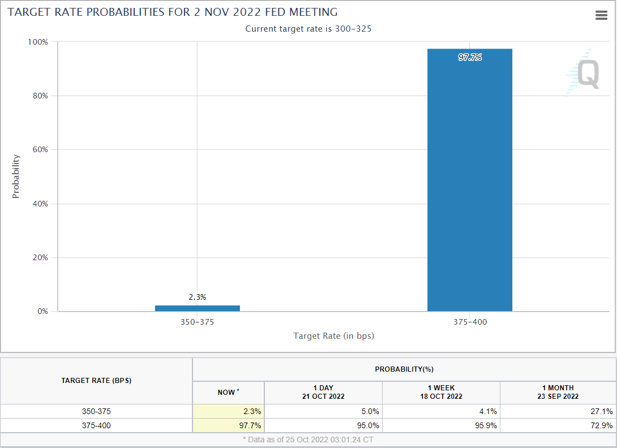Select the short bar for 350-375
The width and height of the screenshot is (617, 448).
pos(198,308)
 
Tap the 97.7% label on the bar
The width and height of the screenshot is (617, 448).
pos(470,57)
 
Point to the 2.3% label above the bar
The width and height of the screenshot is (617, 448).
pos(198,297)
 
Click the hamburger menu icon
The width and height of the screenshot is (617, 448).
pos(602,16)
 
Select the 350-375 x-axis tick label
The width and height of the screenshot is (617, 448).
pos(197,322)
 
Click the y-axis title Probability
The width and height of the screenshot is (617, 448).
pos(16,176)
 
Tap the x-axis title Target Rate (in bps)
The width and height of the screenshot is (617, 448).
pos(333,336)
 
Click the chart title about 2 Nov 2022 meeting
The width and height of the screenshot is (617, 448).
pos(173,12)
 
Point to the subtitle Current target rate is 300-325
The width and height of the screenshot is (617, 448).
pos(308,29)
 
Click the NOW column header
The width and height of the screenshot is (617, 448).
pos(229,392)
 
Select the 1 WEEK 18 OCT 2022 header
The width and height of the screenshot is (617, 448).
pos(441,392)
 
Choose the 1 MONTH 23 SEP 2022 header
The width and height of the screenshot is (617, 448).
pos(558,392)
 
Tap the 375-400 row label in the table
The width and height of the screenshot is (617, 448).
pos(96,425)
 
